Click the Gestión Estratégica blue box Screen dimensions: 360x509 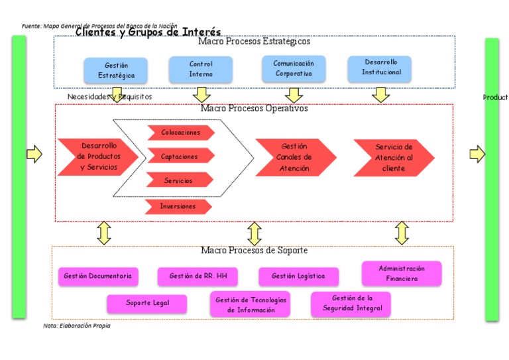click(116, 70)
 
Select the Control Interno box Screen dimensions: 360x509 click(201, 69)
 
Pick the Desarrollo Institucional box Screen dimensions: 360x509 click(380, 68)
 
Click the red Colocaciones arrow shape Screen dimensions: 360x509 click(180, 133)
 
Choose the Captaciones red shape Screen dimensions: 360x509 click(180, 156)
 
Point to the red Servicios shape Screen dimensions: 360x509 click(178, 180)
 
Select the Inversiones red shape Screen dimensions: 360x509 click(178, 206)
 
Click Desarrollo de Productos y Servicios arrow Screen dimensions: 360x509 click(97, 156)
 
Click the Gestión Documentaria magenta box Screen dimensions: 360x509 click(98, 276)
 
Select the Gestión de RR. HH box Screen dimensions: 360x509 click(198, 276)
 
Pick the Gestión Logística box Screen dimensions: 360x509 click(298, 276)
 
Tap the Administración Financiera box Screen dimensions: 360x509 click(401, 273)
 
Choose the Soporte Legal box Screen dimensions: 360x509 click(147, 303)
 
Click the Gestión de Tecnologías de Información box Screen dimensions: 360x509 click(250, 304)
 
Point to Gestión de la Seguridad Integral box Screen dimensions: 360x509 click(351, 304)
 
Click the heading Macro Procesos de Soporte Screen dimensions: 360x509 click(254, 251)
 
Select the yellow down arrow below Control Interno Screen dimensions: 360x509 click(201, 94)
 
